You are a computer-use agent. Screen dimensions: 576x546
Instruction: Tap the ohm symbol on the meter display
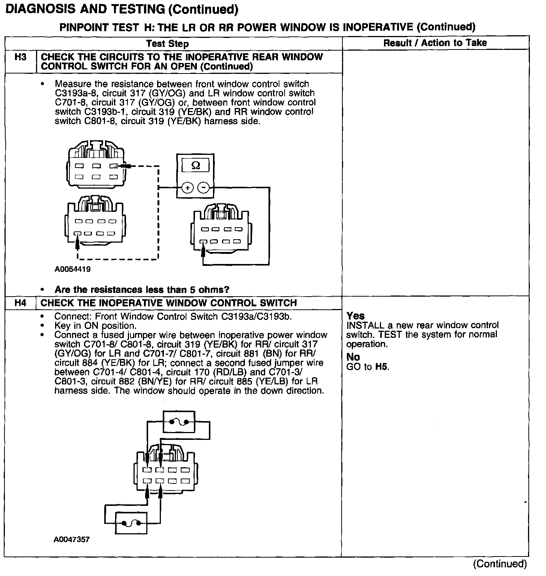click(195, 165)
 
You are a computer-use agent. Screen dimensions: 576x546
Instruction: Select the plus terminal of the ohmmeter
click(187, 187)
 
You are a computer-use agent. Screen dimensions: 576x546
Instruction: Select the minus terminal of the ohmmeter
click(204, 187)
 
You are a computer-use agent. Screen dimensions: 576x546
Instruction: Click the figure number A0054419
click(72, 269)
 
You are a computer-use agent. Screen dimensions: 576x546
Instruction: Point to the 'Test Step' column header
click(167, 43)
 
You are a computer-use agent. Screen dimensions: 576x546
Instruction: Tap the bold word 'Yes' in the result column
click(355, 316)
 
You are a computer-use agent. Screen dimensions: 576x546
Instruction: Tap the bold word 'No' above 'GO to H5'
click(353, 357)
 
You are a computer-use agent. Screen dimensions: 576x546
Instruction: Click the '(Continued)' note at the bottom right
click(499, 563)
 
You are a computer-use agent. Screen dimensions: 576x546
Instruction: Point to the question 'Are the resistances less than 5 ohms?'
click(142, 289)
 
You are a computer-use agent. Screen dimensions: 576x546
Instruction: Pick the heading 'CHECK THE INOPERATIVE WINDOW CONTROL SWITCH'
click(168, 303)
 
